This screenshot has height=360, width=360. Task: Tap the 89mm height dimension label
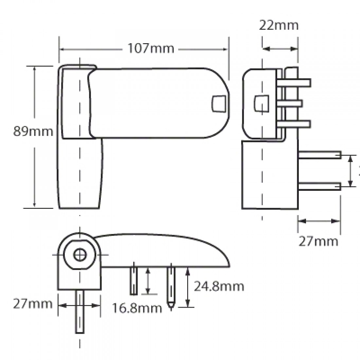click(33, 131)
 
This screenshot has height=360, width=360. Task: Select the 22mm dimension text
click(279, 25)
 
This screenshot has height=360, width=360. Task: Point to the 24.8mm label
click(219, 286)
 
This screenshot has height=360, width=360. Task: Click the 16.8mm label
click(137, 308)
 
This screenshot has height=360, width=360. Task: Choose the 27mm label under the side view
click(318, 241)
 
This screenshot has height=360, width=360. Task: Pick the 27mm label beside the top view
click(33, 304)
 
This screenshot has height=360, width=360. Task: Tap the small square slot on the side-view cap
click(261, 103)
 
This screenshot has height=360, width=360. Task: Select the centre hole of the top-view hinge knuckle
click(79, 255)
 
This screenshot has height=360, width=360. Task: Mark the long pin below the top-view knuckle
click(80, 311)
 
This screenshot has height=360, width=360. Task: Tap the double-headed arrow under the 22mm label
click(280, 49)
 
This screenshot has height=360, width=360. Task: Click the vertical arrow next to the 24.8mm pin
click(188, 287)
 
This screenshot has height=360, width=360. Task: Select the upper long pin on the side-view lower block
click(319, 155)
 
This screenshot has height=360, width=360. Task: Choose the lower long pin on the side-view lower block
click(319, 187)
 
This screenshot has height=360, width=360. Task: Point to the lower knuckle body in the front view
click(81, 173)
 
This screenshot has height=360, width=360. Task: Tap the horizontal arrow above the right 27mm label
click(319, 221)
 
